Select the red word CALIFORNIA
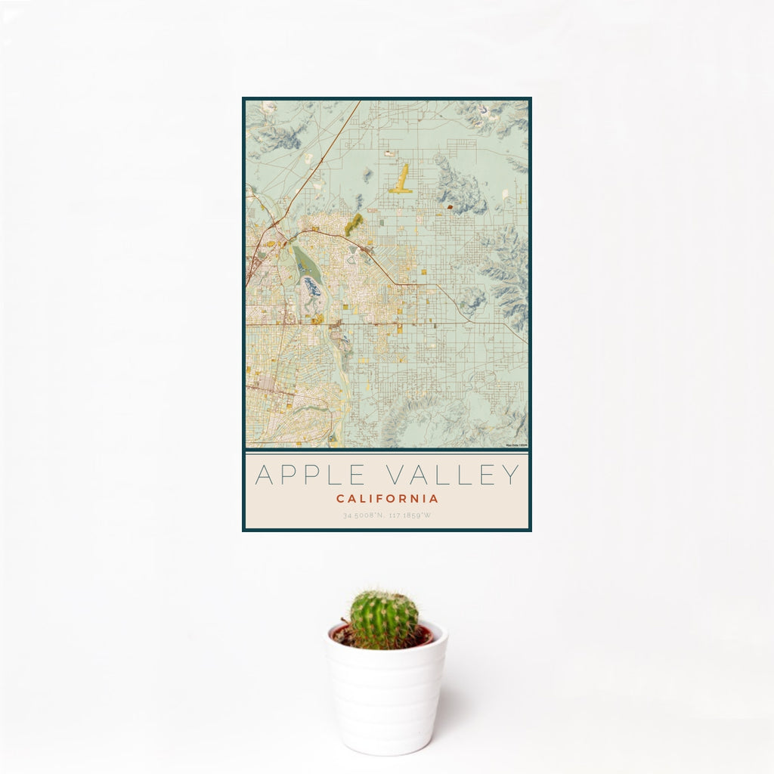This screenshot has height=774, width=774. (387, 499)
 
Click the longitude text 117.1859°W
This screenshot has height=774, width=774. (410, 516)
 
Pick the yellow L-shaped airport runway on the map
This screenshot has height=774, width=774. (402, 181)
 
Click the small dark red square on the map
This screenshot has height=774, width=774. (449, 206)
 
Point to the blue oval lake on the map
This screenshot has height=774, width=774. (311, 286)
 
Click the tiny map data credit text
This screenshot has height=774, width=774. (517, 446)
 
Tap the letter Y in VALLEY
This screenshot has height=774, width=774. (512, 475)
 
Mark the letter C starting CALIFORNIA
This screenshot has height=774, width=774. (340, 499)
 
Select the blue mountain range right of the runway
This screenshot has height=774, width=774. (458, 186)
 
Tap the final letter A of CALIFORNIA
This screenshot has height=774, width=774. (434, 499)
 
